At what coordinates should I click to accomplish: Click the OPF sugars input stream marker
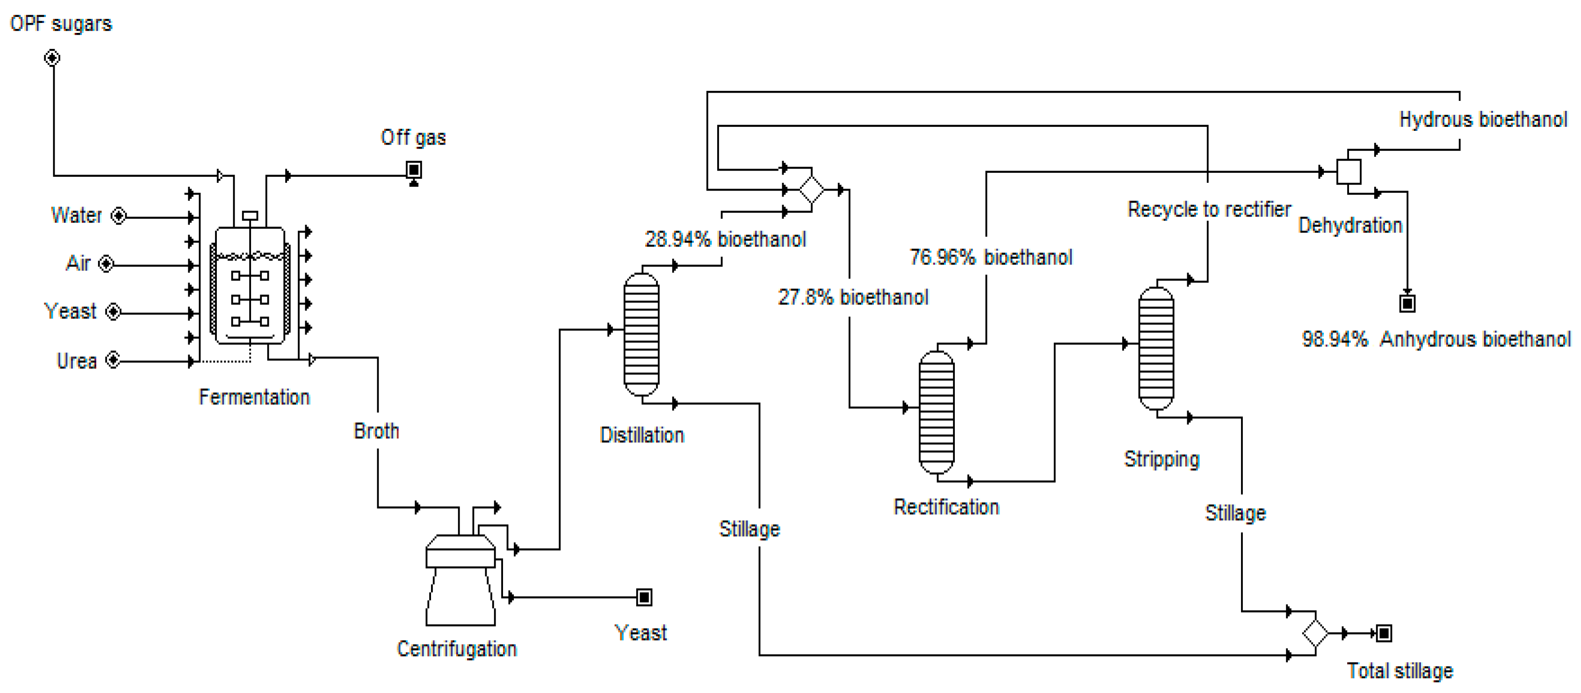point(52,58)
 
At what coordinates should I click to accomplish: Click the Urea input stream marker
point(113,360)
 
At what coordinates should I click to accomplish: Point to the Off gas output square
point(414,169)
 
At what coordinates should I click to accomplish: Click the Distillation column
point(641,334)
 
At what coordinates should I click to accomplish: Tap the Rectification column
point(937,412)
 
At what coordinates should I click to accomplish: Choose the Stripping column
point(1156,348)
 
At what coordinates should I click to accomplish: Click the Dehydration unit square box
point(1349,172)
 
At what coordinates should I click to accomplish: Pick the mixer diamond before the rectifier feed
point(811,190)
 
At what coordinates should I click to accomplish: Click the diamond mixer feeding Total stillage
point(1315,633)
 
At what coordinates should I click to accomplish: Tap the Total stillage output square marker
point(1384,633)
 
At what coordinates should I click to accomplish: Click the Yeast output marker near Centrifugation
point(644,597)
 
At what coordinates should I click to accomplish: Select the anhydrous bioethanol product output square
point(1407,303)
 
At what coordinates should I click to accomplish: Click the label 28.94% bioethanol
point(725,239)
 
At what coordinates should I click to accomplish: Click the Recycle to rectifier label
point(1209,210)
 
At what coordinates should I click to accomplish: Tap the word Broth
point(376,431)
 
